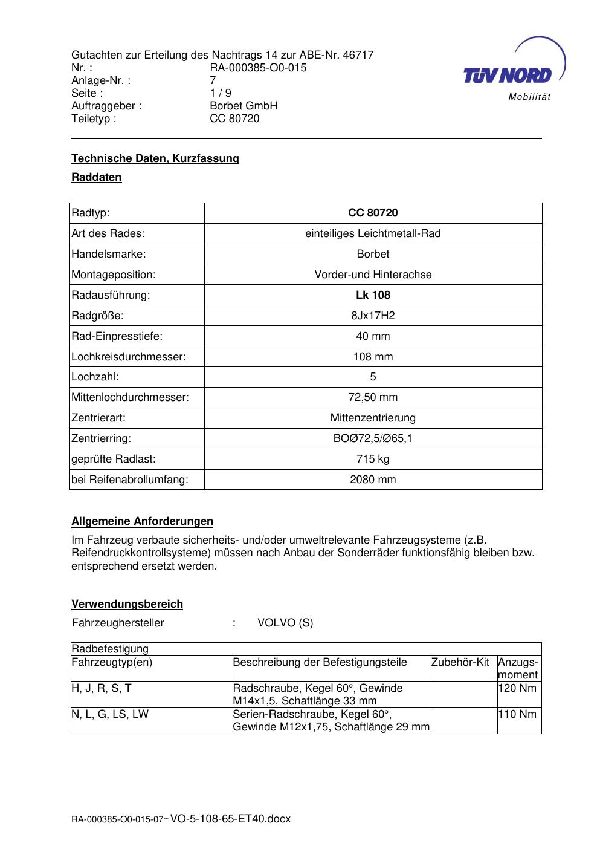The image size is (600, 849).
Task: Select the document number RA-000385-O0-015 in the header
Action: (x=258, y=68)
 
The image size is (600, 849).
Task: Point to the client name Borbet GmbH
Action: (x=244, y=106)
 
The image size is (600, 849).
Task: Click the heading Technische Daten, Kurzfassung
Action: (x=155, y=158)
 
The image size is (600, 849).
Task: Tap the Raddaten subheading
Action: (x=97, y=177)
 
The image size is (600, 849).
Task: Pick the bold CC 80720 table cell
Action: (x=373, y=213)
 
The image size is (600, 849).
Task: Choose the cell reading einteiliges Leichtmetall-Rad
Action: (x=373, y=233)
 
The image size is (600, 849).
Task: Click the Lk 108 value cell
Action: (x=373, y=295)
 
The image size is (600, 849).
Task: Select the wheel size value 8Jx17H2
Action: (x=373, y=316)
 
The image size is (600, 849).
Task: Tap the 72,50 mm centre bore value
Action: (x=373, y=397)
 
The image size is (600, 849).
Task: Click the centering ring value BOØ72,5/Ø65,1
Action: (x=373, y=438)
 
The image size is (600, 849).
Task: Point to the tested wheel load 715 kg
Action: (x=373, y=459)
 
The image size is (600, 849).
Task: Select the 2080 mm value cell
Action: (x=373, y=480)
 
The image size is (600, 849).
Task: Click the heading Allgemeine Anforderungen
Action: (x=142, y=521)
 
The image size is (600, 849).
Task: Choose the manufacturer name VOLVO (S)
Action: (x=285, y=623)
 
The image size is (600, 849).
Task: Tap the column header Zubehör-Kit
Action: (x=460, y=662)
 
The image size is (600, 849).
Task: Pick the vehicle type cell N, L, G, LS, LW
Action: (x=110, y=714)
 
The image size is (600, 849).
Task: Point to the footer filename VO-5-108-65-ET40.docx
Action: (x=231, y=819)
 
